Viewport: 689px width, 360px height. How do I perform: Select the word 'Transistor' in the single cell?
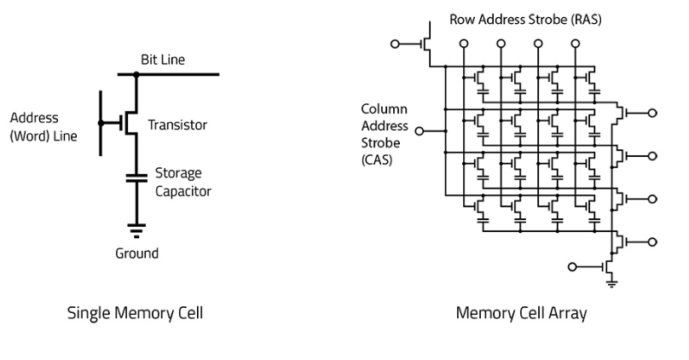(x=177, y=125)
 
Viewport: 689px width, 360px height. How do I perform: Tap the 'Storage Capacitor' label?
(x=182, y=183)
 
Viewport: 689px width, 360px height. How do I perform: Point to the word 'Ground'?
(x=136, y=253)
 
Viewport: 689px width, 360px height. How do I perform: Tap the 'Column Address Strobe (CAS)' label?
(x=385, y=135)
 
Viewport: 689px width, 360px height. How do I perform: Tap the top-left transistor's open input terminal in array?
(x=395, y=43)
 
